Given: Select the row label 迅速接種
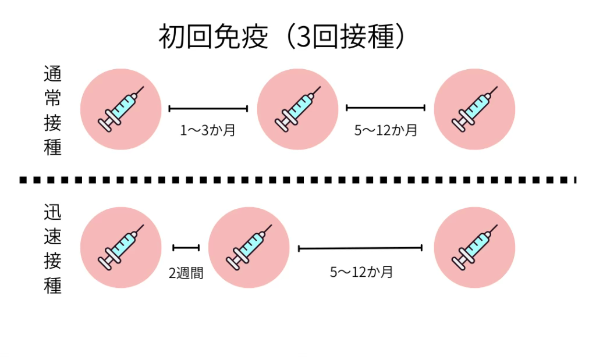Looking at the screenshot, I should pos(52,248).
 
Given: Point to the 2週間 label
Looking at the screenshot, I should pos(186,272).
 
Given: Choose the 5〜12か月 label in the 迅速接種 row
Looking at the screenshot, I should pos(361,272).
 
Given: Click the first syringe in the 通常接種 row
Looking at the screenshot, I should pos(120,109).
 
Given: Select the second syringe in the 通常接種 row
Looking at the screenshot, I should pos(297,109).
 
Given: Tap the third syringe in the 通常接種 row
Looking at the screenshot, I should pos(474,109).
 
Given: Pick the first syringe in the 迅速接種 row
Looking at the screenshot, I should pos(120,248).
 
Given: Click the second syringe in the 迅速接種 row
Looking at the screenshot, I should pos(249,248).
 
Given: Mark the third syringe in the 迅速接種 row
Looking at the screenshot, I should pos(474,248).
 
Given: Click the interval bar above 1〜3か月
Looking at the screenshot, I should pos(208,108).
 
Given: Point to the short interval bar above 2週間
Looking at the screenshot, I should pos(186,248).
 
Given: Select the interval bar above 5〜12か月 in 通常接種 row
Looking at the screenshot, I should pos(385,108).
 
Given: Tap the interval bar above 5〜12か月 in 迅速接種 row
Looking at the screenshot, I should pos(360,248).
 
